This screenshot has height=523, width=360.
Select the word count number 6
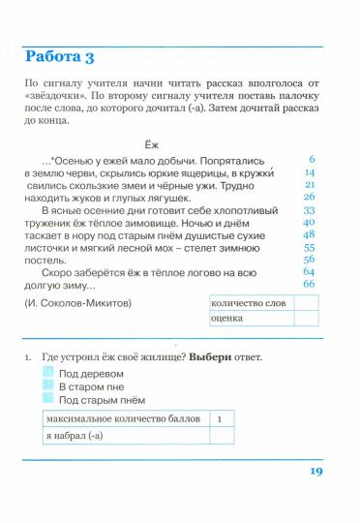tap(312, 158)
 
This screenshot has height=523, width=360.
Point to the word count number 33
tap(309, 209)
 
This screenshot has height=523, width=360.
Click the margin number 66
tap(309, 284)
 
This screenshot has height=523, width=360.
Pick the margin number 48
tap(309, 234)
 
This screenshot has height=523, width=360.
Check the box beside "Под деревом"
tap(48, 373)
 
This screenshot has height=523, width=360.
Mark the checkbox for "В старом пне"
tap(48, 385)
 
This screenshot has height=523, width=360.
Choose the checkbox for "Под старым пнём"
tap(48, 399)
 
